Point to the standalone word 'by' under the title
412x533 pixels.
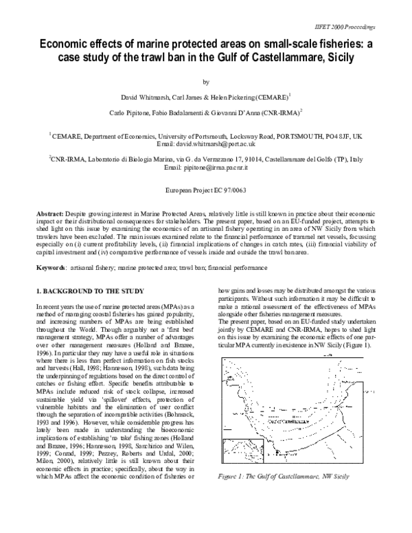pos(206,80)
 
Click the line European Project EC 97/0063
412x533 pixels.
pos(206,188)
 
